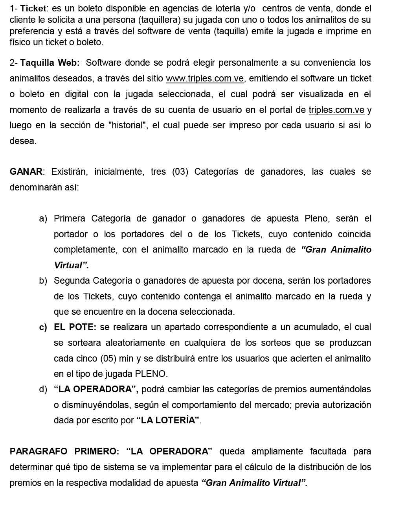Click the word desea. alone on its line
(x=23, y=141)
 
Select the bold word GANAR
(x=26, y=172)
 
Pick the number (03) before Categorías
(x=180, y=172)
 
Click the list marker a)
(x=43, y=219)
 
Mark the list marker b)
(x=43, y=281)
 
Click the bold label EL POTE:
(x=75, y=327)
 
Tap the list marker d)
(x=43, y=390)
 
